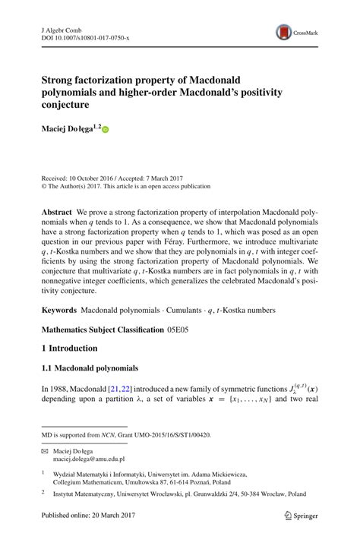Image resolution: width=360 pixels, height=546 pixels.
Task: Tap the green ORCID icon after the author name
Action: [106, 130]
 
